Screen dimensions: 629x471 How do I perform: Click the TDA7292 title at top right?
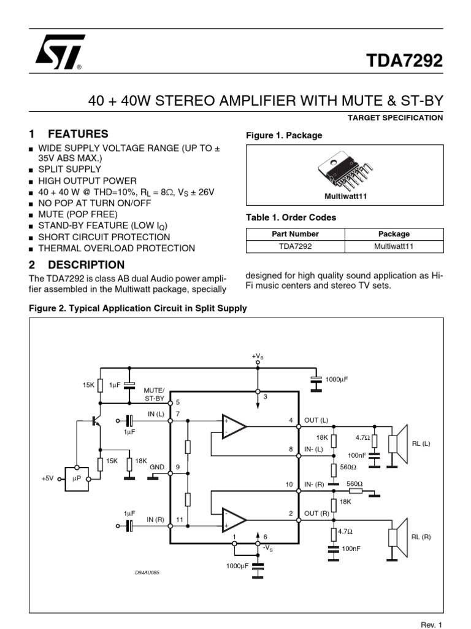point(404,60)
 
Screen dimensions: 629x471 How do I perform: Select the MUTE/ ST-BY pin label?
point(155,394)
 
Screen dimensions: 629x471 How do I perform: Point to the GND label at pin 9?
point(158,467)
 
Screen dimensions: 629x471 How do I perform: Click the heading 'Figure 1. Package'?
point(283,135)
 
